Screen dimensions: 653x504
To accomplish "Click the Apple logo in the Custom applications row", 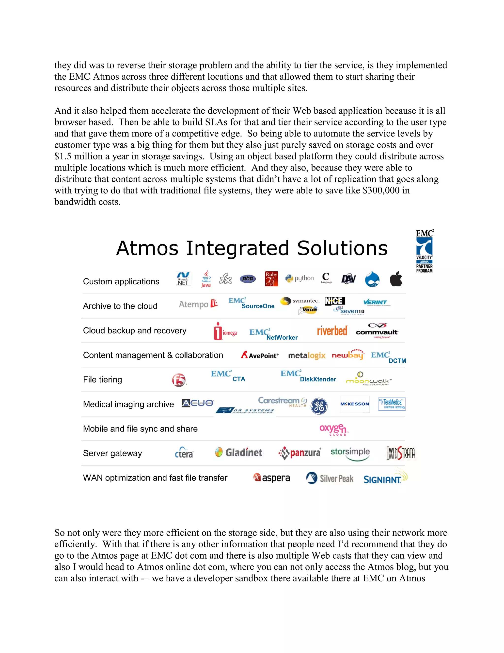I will (x=396, y=279).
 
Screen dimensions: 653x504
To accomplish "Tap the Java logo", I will (x=206, y=279).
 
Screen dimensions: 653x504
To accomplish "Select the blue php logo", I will (x=248, y=279).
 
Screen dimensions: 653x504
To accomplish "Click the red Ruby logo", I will (x=271, y=279).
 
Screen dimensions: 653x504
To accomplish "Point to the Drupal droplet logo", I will (x=372, y=279).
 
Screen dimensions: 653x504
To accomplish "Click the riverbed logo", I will (x=332, y=331).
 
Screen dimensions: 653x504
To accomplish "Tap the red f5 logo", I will (x=179, y=380).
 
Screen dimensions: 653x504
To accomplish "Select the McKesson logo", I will (x=355, y=404).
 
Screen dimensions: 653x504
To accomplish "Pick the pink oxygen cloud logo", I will (x=333, y=429).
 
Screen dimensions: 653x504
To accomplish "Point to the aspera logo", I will (x=271, y=478).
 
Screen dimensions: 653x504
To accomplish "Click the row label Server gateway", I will (x=112, y=453).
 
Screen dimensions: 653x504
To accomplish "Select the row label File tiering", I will (x=102, y=380).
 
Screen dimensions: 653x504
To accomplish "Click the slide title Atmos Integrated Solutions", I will (x=252, y=248).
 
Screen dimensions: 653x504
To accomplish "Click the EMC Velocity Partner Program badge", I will (x=424, y=251).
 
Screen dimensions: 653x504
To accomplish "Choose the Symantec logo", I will (x=300, y=301).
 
